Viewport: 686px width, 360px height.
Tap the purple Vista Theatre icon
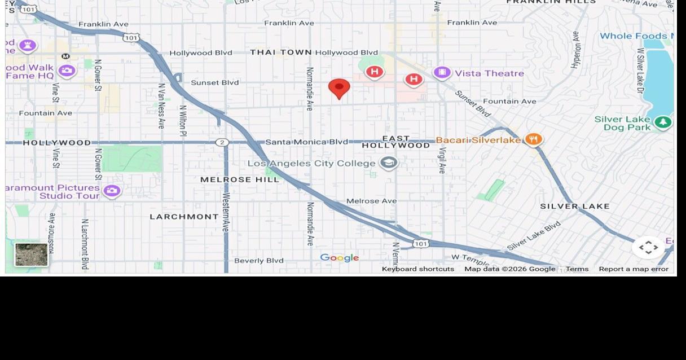(442, 73)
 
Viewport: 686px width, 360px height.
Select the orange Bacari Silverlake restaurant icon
(533, 139)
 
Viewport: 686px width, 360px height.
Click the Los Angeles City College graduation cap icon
(388, 163)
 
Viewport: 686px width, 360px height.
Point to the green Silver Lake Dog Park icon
(663, 122)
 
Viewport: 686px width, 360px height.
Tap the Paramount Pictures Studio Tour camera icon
(112, 191)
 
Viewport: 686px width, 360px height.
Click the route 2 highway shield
(222, 142)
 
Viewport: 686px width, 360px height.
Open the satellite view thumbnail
(32, 254)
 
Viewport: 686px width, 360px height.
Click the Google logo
(339, 258)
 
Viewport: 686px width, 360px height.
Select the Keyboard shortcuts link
(417, 269)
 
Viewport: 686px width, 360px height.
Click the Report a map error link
(633, 269)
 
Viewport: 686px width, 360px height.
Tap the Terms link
(577, 269)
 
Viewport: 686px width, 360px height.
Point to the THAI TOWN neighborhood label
(281, 52)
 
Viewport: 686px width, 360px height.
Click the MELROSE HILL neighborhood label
(240, 179)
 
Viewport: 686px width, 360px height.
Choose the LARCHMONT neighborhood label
(184, 217)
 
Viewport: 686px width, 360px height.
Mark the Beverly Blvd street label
(258, 261)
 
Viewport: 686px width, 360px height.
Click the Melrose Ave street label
(371, 201)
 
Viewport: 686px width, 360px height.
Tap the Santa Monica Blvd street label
(306, 142)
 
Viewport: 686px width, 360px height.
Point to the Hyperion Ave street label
(575, 50)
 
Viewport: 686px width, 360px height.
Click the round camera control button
(648, 247)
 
